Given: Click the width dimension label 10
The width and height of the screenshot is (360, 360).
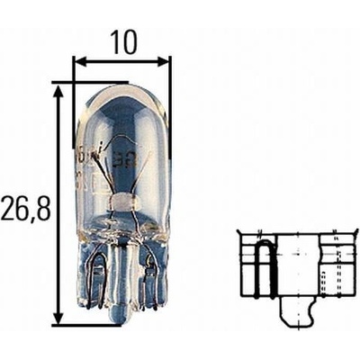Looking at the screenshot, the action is click(123, 42).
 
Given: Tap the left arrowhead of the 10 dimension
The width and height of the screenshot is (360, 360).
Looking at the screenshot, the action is click(79, 62).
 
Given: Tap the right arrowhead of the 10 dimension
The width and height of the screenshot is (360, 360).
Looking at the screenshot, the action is click(163, 62).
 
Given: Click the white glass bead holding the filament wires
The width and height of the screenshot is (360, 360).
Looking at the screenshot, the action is click(123, 202).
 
